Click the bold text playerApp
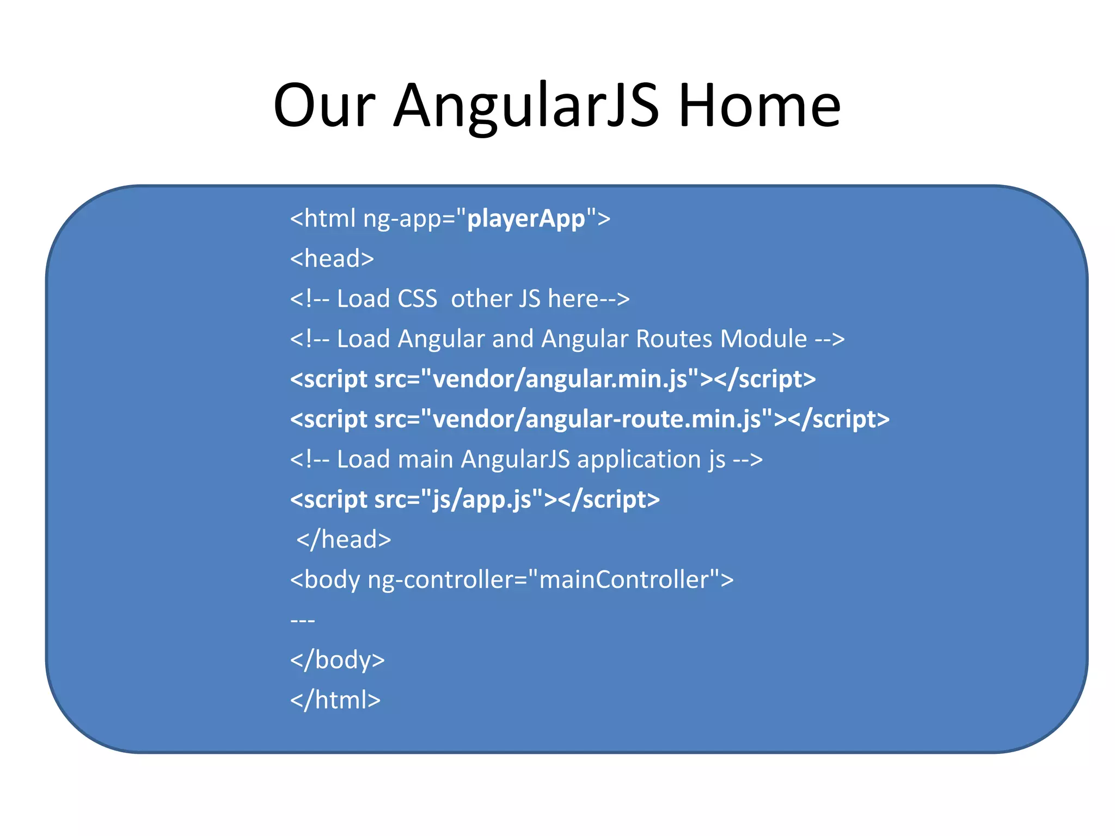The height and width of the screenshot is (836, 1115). point(526,219)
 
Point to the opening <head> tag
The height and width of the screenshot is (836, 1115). point(332,259)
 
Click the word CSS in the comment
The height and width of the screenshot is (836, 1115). point(417,299)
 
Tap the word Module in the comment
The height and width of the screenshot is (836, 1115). point(763,339)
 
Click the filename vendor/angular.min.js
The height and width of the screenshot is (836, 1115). point(560,379)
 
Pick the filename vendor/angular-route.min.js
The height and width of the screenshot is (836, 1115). point(596,420)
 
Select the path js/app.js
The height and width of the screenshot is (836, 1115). point(482,500)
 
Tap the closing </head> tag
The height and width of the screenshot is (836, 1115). point(344,540)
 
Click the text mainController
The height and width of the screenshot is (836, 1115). point(624,580)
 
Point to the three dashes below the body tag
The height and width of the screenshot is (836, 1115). point(303,620)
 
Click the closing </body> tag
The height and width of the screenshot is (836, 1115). point(338,660)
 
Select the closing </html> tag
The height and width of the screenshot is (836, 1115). point(335,700)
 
